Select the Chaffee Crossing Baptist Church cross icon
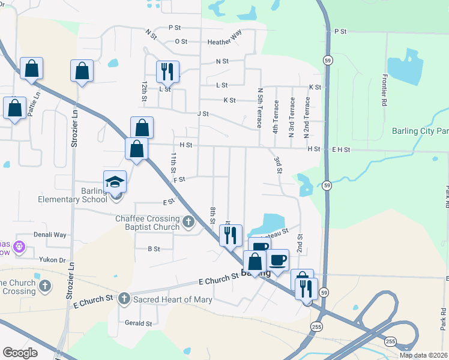click(x=188, y=222)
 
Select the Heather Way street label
click(x=224, y=42)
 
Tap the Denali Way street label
click(x=50, y=235)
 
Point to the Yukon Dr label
click(x=53, y=260)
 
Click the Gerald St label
click(x=138, y=323)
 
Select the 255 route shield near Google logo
click(x=316, y=326)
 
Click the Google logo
click(x=20, y=353)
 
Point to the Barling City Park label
click(x=420, y=131)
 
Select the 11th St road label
click(x=173, y=163)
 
